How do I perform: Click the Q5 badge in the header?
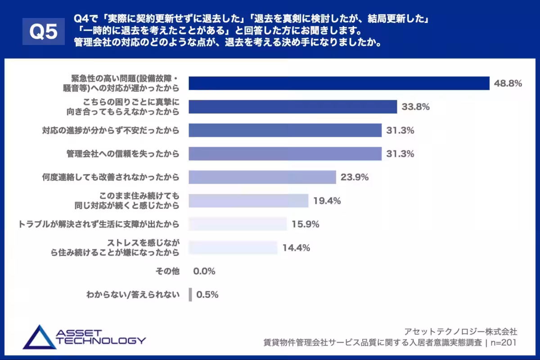(x=44, y=31)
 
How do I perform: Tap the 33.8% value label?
(x=416, y=107)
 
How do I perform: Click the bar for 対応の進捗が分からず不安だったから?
(x=285, y=130)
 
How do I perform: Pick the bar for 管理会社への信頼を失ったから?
(x=285, y=153)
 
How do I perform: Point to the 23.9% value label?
(x=355, y=177)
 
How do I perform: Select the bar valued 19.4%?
(x=248, y=201)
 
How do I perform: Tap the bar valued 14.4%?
(x=233, y=247)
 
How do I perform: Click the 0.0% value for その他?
(x=204, y=271)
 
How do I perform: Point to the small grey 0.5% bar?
(x=190, y=295)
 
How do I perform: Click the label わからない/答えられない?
(x=133, y=295)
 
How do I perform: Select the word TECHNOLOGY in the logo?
(x=101, y=341)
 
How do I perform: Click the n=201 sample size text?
(x=503, y=343)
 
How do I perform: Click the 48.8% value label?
(x=508, y=83)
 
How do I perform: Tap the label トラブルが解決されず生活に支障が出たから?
(x=98, y=224)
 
